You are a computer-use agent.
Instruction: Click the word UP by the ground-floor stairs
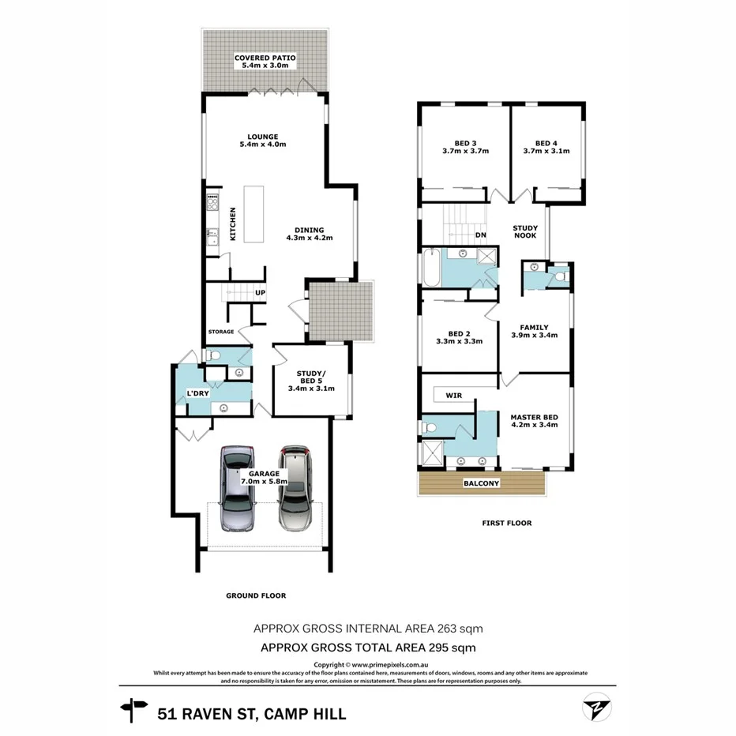tap(259, 294)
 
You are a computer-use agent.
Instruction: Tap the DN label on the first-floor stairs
tap(480, 235)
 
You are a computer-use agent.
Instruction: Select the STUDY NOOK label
tap(525, 231)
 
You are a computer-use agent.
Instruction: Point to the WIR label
tap(453, 395)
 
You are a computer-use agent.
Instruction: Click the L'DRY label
tap(197, 393)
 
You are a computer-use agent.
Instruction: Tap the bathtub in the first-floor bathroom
tap(431, 268)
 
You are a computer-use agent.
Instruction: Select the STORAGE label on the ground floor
tap(221, 332)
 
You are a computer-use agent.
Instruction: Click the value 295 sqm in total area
tap(452, 648)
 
